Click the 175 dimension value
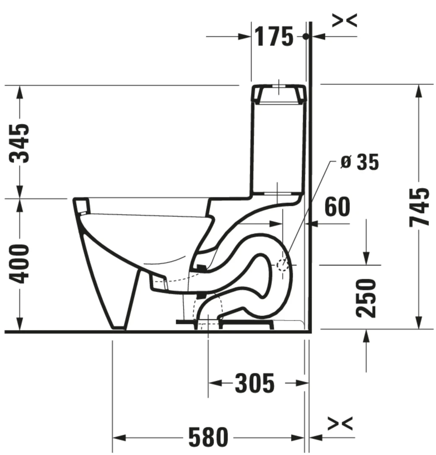[x=274, y=37]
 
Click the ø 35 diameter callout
[x=359, y=162]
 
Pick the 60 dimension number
[x=337, y=208]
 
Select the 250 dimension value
[x=366, y=297]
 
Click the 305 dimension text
[x=254, y=383]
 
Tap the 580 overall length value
[x=208, y=438]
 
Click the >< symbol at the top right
[x=345, y=20]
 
